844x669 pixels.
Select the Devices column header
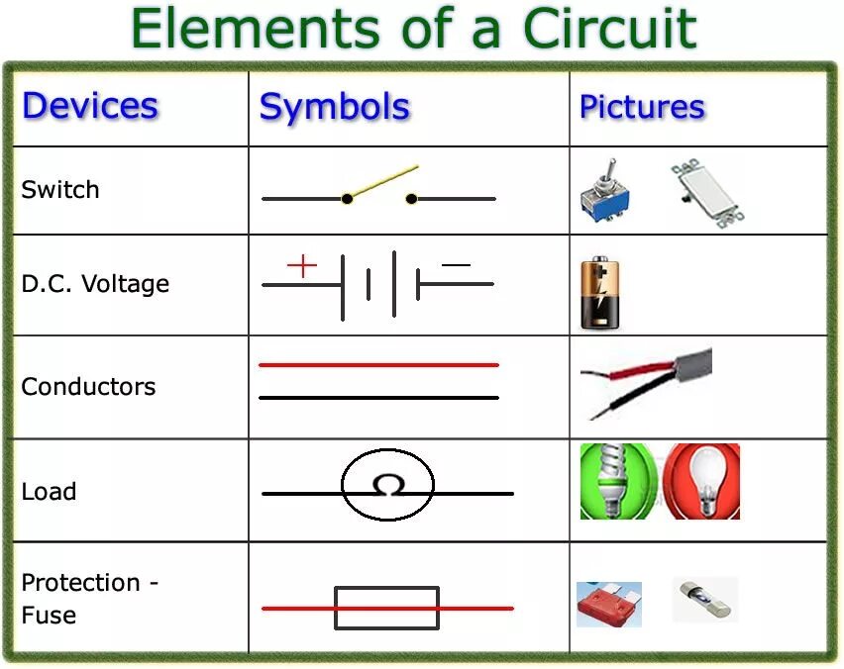(x=90, y=106)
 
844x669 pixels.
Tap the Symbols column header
(x=335, y=107)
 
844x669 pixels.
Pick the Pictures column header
(x=642, y=107)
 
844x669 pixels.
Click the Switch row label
(x=60, y=189)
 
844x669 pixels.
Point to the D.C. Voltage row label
(x=95, y=284)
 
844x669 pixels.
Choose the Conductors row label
(x=88, y=386)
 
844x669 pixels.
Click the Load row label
(x=49, y=491)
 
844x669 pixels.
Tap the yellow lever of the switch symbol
(x=381, y=181)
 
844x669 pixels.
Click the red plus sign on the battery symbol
(x=302, y=265)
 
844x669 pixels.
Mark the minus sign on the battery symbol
(x=456, y=265)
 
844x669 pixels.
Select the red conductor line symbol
(x=378, y=365)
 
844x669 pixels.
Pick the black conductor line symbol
(x=378, y=398)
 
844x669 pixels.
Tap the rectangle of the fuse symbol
(x=386, y=608)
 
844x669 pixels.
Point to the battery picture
(x=600, y=293)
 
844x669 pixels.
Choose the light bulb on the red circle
(x=701, y=482)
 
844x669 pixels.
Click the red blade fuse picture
(x=608, y=604)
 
